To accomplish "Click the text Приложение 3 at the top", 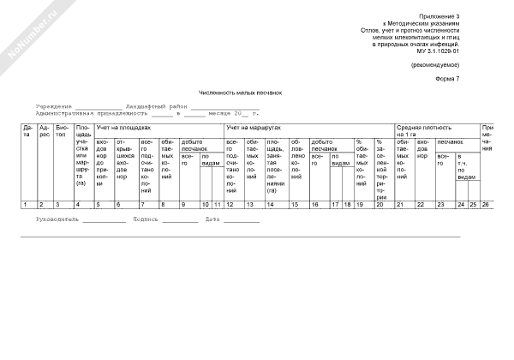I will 440,16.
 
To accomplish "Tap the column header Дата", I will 27,130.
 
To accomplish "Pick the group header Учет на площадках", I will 121,127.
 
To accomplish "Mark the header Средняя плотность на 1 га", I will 417,130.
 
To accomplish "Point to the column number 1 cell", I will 27,205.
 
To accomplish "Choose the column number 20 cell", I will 379,205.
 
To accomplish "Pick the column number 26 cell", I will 486,205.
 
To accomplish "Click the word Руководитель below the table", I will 57,219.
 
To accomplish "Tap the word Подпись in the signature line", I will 146,219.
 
